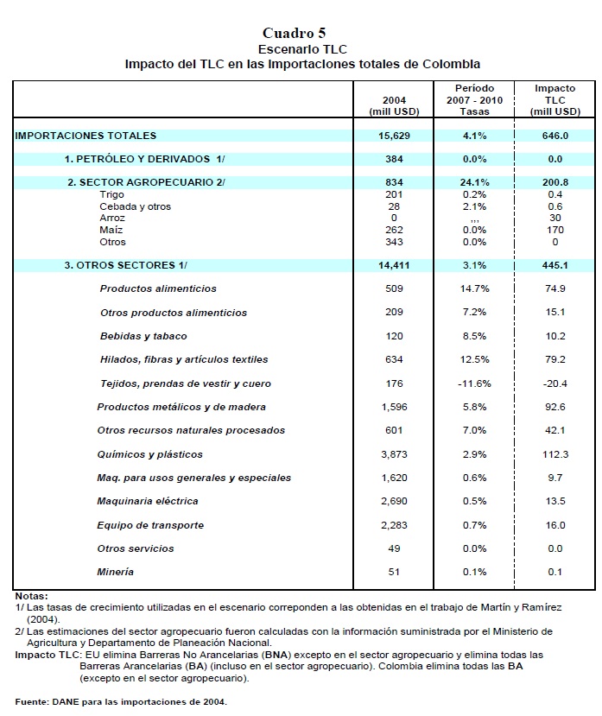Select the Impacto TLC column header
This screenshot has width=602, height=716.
coord(554,100)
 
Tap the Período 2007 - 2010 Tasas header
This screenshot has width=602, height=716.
coord(474,100)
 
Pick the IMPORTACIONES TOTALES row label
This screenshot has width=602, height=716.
coord(86,136)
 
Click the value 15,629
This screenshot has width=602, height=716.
coord(393,136)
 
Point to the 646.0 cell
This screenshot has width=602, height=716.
coord(554,136)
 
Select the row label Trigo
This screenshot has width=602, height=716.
coord(112,195)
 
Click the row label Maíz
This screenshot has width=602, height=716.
coord(111,231)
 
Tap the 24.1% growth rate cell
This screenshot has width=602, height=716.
coord(474,183)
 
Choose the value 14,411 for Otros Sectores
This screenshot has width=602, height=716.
coord(393,265)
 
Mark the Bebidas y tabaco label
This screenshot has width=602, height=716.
coord(143,336)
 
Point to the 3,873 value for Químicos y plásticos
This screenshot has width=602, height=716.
coord(393,454)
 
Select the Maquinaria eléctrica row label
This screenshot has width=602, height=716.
coord(149,501)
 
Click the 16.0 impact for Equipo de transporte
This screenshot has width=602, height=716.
coord(554,525)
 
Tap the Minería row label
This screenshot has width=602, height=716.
coord(117,572)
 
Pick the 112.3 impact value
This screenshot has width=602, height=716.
coord(554,454)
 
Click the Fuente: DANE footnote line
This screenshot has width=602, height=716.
coord(121,701)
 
